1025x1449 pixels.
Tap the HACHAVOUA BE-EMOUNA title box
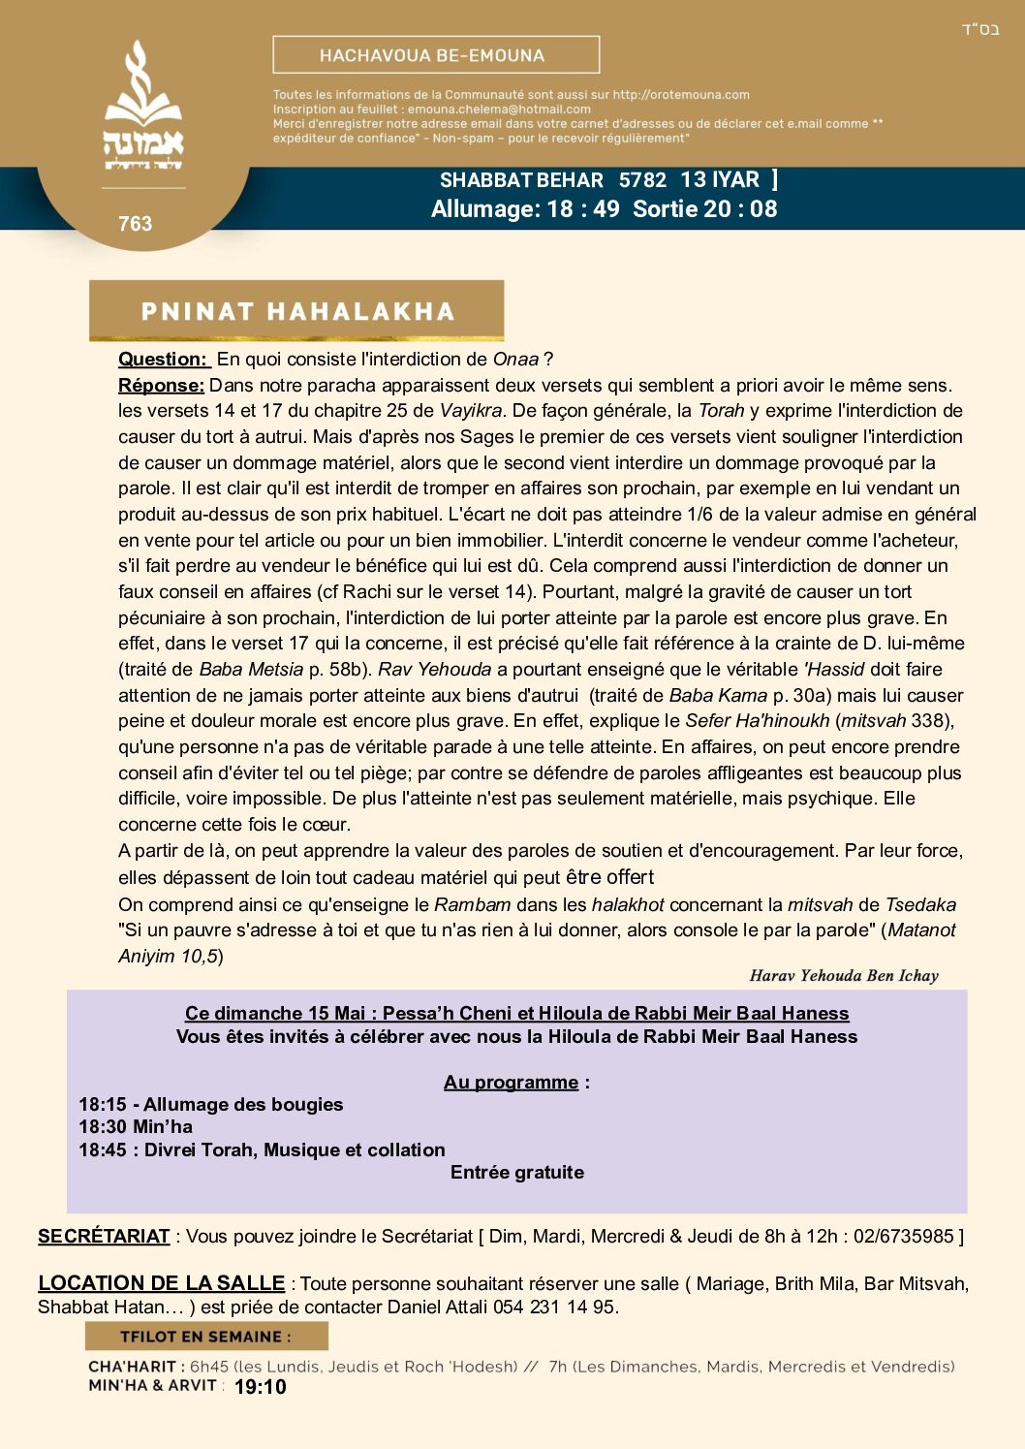(436, 55)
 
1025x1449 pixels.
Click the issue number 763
(136, 224)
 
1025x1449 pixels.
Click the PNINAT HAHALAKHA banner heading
(297, 311)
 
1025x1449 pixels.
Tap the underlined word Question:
(163, 360)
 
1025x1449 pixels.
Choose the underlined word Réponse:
(161, 386)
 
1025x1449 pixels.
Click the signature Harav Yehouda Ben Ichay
(844, 976)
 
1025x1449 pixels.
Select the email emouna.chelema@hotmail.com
(499, 110)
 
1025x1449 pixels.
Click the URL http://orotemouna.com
(681, 95)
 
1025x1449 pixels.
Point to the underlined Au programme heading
(512, 1083)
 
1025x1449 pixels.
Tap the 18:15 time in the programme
(102, 1105)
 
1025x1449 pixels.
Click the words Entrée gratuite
(517, 1173)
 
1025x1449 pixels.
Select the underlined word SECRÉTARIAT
(104, 1237)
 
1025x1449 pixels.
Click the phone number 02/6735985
(904, 1237)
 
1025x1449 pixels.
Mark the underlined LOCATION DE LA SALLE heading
(161, 1283)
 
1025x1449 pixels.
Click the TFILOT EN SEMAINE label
(204, 1337)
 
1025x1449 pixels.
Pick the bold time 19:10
(261, 1387)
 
